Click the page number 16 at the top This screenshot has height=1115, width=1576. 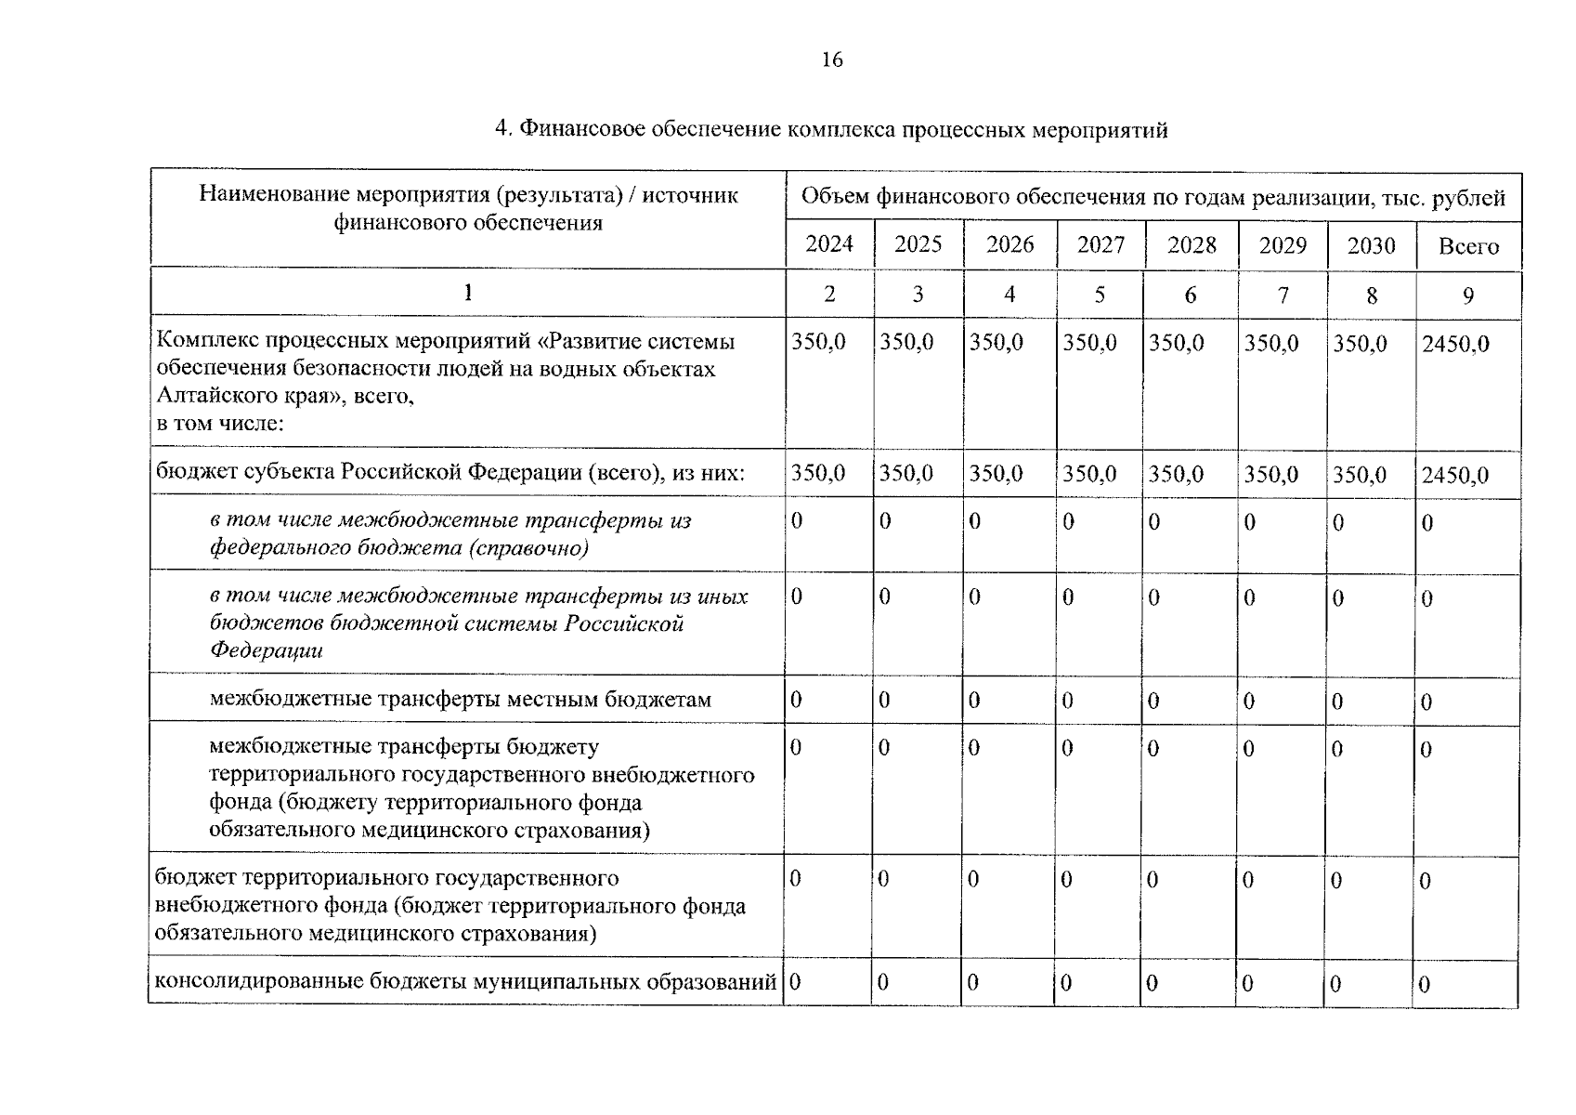832,60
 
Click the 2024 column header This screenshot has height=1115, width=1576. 828,244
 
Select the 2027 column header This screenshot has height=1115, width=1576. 1100,245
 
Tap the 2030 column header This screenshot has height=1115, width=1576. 1371,246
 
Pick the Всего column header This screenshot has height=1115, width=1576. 1468,246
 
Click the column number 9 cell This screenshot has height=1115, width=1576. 1468,295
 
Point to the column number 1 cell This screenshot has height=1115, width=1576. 468,293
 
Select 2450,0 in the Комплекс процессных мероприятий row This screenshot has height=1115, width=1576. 1455,344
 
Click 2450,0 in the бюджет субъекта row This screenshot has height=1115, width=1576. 1454,476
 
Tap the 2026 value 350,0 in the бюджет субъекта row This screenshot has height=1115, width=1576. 996,474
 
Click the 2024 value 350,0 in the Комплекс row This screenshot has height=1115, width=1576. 818,342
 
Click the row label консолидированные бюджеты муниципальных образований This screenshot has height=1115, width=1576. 464,981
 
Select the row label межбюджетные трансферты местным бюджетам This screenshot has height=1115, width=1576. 460,699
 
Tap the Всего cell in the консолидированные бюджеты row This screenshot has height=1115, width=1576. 1424,985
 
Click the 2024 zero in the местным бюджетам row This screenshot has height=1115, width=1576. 796,700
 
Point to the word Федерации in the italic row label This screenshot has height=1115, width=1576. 266,649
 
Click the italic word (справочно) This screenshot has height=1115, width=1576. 528,547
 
